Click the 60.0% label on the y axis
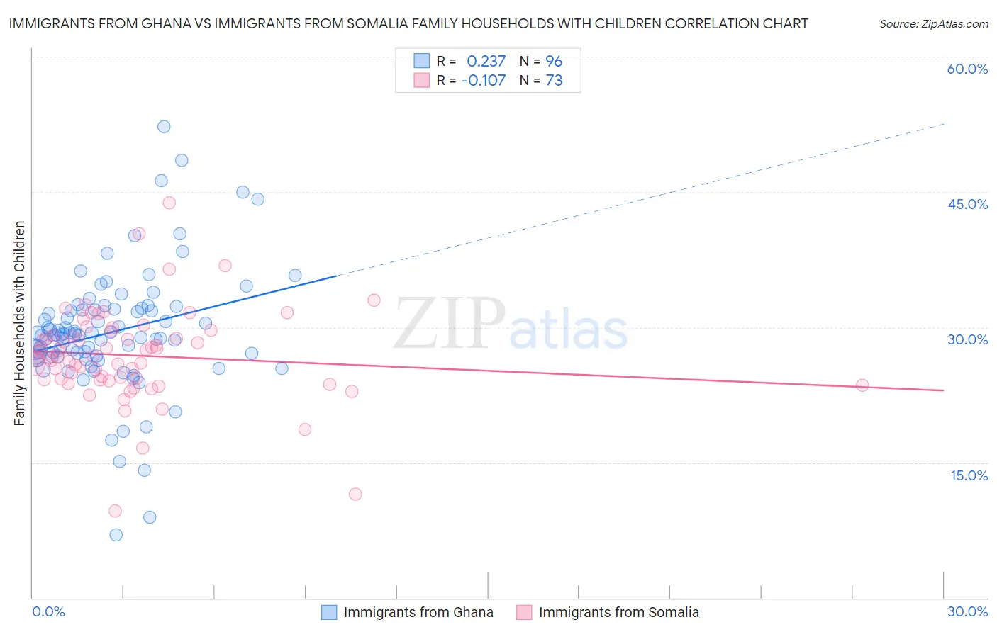(967, 69)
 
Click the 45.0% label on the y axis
(967, 204)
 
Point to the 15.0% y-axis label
(969, 475)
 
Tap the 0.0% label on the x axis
(48, 611)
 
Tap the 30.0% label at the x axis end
(967, 611)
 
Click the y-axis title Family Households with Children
(20, 323)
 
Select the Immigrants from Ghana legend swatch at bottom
(329, 612)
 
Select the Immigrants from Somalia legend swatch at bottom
(524, 612)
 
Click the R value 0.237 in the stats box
(486, 61)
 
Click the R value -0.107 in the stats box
(483, 80)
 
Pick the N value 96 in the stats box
(553, 61)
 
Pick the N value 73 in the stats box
(553, 80)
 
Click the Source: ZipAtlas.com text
(933, 23)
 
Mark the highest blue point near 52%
(164, 127)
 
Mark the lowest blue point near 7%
(116, 535)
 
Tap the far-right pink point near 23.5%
(862, 385)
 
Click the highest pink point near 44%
(169, 203)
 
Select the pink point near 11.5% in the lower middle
(355, 494)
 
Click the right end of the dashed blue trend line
(944, 124)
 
